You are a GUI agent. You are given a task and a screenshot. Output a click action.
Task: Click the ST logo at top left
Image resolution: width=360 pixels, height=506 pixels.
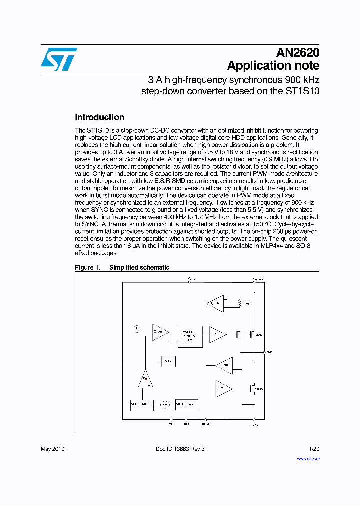point(59,59)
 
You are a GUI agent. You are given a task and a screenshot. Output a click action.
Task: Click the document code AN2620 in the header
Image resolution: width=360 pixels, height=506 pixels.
point(298,53)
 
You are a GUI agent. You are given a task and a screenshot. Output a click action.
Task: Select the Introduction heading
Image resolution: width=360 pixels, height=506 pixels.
point(99,118)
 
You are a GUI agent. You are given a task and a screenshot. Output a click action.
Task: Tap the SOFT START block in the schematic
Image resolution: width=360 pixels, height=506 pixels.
point(140,404)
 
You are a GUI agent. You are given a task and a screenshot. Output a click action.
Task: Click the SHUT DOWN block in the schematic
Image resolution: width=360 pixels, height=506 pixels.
point(185,404)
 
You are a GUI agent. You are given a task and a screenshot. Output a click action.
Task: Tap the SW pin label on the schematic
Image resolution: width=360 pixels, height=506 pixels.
point(269,352)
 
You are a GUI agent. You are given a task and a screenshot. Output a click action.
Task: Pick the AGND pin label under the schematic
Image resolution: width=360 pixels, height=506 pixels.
point(206,424)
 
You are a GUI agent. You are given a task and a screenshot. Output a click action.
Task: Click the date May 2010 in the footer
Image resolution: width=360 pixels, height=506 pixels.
point(52,449)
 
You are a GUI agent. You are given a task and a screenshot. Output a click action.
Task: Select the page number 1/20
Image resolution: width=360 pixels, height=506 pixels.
point(314,449)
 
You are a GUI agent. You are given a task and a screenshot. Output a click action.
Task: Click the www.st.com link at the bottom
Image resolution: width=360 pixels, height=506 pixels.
point(308,458)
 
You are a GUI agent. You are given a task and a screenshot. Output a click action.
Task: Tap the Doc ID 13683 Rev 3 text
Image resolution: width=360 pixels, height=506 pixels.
point(180,449)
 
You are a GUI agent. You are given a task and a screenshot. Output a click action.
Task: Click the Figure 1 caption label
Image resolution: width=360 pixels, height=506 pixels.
point(87,268)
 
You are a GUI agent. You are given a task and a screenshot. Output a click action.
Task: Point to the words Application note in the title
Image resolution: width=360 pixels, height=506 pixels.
point(273,66)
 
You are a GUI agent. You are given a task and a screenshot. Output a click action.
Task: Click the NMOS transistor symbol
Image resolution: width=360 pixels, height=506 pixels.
point(253,388)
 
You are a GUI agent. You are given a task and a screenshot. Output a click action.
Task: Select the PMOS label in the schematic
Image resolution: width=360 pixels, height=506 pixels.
point(258,335)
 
